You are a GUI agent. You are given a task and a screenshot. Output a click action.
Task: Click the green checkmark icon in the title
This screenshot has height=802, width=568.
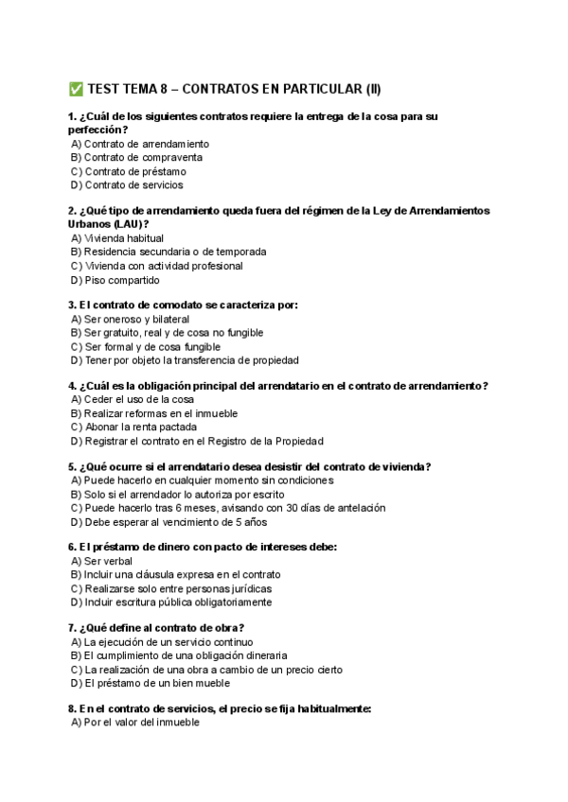(76, 90)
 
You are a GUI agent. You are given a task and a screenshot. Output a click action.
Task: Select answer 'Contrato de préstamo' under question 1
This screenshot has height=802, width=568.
(134, 171)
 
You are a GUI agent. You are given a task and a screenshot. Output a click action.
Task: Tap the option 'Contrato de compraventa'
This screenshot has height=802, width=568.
(143, 157)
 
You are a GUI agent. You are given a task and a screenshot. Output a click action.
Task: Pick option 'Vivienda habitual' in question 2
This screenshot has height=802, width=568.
(124, 238)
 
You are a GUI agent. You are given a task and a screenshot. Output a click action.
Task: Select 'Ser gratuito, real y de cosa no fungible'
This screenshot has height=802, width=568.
(173, 333)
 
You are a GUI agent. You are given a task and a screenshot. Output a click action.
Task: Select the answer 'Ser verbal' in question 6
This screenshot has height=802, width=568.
(108, 561)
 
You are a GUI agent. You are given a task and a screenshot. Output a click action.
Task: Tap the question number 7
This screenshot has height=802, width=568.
(72, 628)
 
